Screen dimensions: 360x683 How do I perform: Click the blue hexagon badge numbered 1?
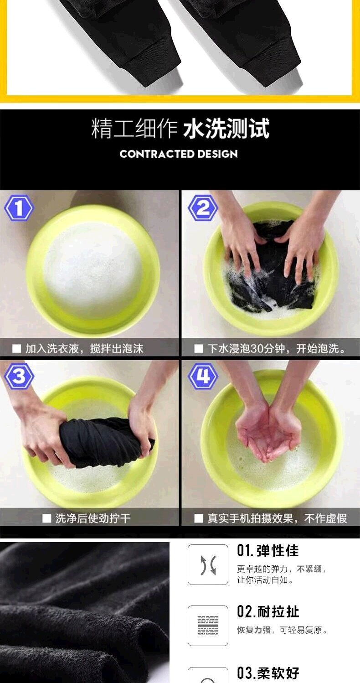(19, 208)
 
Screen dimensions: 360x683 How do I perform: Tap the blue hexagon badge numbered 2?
(203, 208)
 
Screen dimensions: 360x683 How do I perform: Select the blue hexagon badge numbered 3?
(19, 376)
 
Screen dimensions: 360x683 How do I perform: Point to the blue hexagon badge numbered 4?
(203, 376)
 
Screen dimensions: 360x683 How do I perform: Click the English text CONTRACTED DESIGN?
(179, 154)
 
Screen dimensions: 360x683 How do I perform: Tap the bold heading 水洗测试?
(226, 129)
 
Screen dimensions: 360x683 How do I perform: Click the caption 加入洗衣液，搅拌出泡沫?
(84, 348)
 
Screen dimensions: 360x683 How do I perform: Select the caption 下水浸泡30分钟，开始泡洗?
(277, 348)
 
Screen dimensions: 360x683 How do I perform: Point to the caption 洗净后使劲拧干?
(93, 518)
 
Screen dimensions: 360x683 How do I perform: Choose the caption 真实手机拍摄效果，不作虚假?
(277, 518)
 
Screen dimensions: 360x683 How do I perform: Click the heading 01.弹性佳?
(268, 551)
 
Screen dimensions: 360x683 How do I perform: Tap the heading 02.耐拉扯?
(268, 612)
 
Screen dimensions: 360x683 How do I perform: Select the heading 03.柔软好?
(268, 673)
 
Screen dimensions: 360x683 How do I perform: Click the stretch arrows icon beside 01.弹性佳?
(208, 565)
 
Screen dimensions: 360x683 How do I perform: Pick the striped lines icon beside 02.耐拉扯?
(208, 626)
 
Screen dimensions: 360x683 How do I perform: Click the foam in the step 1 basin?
(93, 270)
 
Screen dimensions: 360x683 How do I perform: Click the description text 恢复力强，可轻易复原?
(282, 630)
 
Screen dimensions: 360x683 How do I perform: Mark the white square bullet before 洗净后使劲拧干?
(46, 518)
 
